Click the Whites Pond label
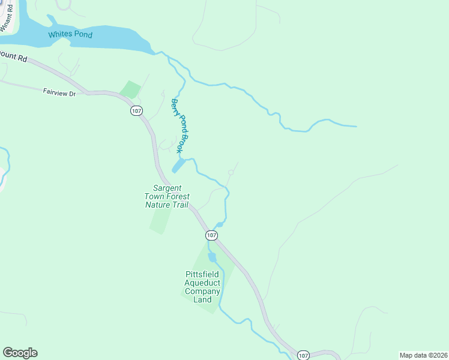click(70, 35)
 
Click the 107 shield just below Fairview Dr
click(137, 111)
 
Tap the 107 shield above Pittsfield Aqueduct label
click(211, 235)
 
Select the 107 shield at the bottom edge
click(303, 355)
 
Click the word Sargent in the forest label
click(167, 188)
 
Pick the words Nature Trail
click(167, 205)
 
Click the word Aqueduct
click(203, 283)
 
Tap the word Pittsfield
click(203, 275)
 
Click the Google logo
click(20, 353)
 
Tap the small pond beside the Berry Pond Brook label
click(178, 165)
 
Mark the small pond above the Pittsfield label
click(211, 257)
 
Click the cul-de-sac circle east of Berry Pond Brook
click(231, 173)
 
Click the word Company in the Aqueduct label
click(203, 292)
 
